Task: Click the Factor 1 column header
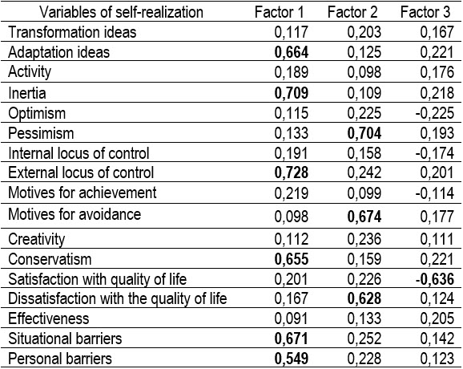coord(279,12)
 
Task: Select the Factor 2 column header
coord(352,12)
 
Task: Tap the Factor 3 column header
coord(425,12)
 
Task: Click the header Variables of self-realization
coord(122,12)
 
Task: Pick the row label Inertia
coord(27,93)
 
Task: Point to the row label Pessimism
coord(41,133)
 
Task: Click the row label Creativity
coord(37,240)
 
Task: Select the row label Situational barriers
coord(65,339)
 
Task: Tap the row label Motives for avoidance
coord(74,214)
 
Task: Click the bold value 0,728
coord(291,173)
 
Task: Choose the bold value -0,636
coord(435,279)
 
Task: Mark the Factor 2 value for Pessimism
coord(364,133)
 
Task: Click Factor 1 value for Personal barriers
coord(291,359)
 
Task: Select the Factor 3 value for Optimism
coord(435,113)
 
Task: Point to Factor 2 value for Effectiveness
coord(364,318)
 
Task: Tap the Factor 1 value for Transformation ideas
coord(291,32)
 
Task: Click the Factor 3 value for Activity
coord(437,72)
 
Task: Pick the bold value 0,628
coord(364,299)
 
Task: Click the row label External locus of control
coord(81,172)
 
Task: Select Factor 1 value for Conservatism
coord(291,259)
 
